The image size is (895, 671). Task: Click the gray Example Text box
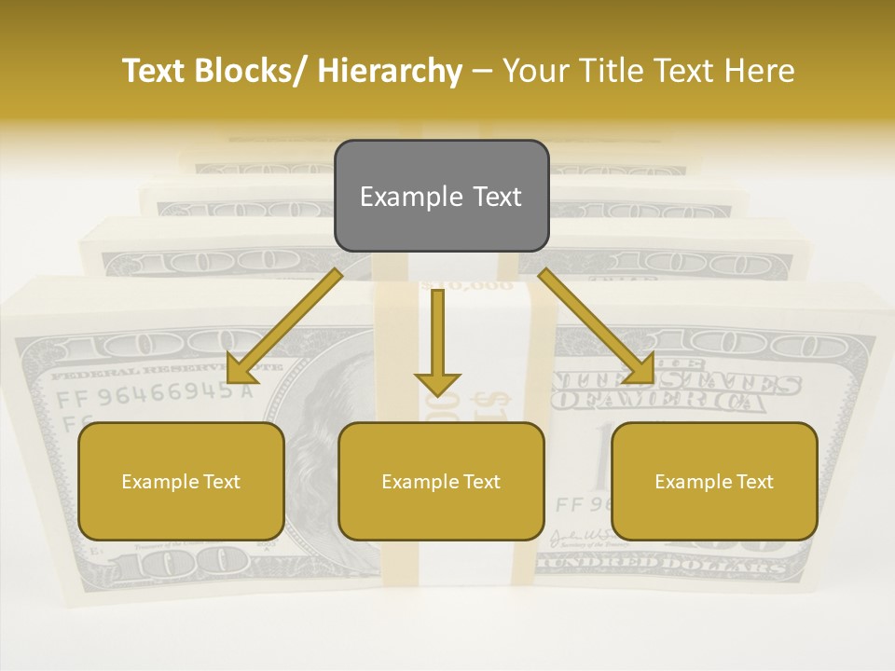pyautogui.click(x=441, y=196)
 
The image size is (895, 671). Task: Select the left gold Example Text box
pyautogui.click(x=181, y=481)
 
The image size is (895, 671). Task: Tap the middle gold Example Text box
pyautogui.click(x=441, y=481)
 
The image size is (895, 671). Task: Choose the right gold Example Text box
pyautogui.click(x=714, y=481)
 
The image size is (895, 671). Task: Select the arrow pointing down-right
pyautogui.click(x=597, y=326)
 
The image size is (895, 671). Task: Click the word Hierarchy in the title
pyautogui.click(x=390, y=72)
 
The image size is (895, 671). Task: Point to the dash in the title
pyautogui.click(x=483, y=72)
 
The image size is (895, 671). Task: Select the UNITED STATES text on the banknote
pyautogui.click(x=676, y=382)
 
